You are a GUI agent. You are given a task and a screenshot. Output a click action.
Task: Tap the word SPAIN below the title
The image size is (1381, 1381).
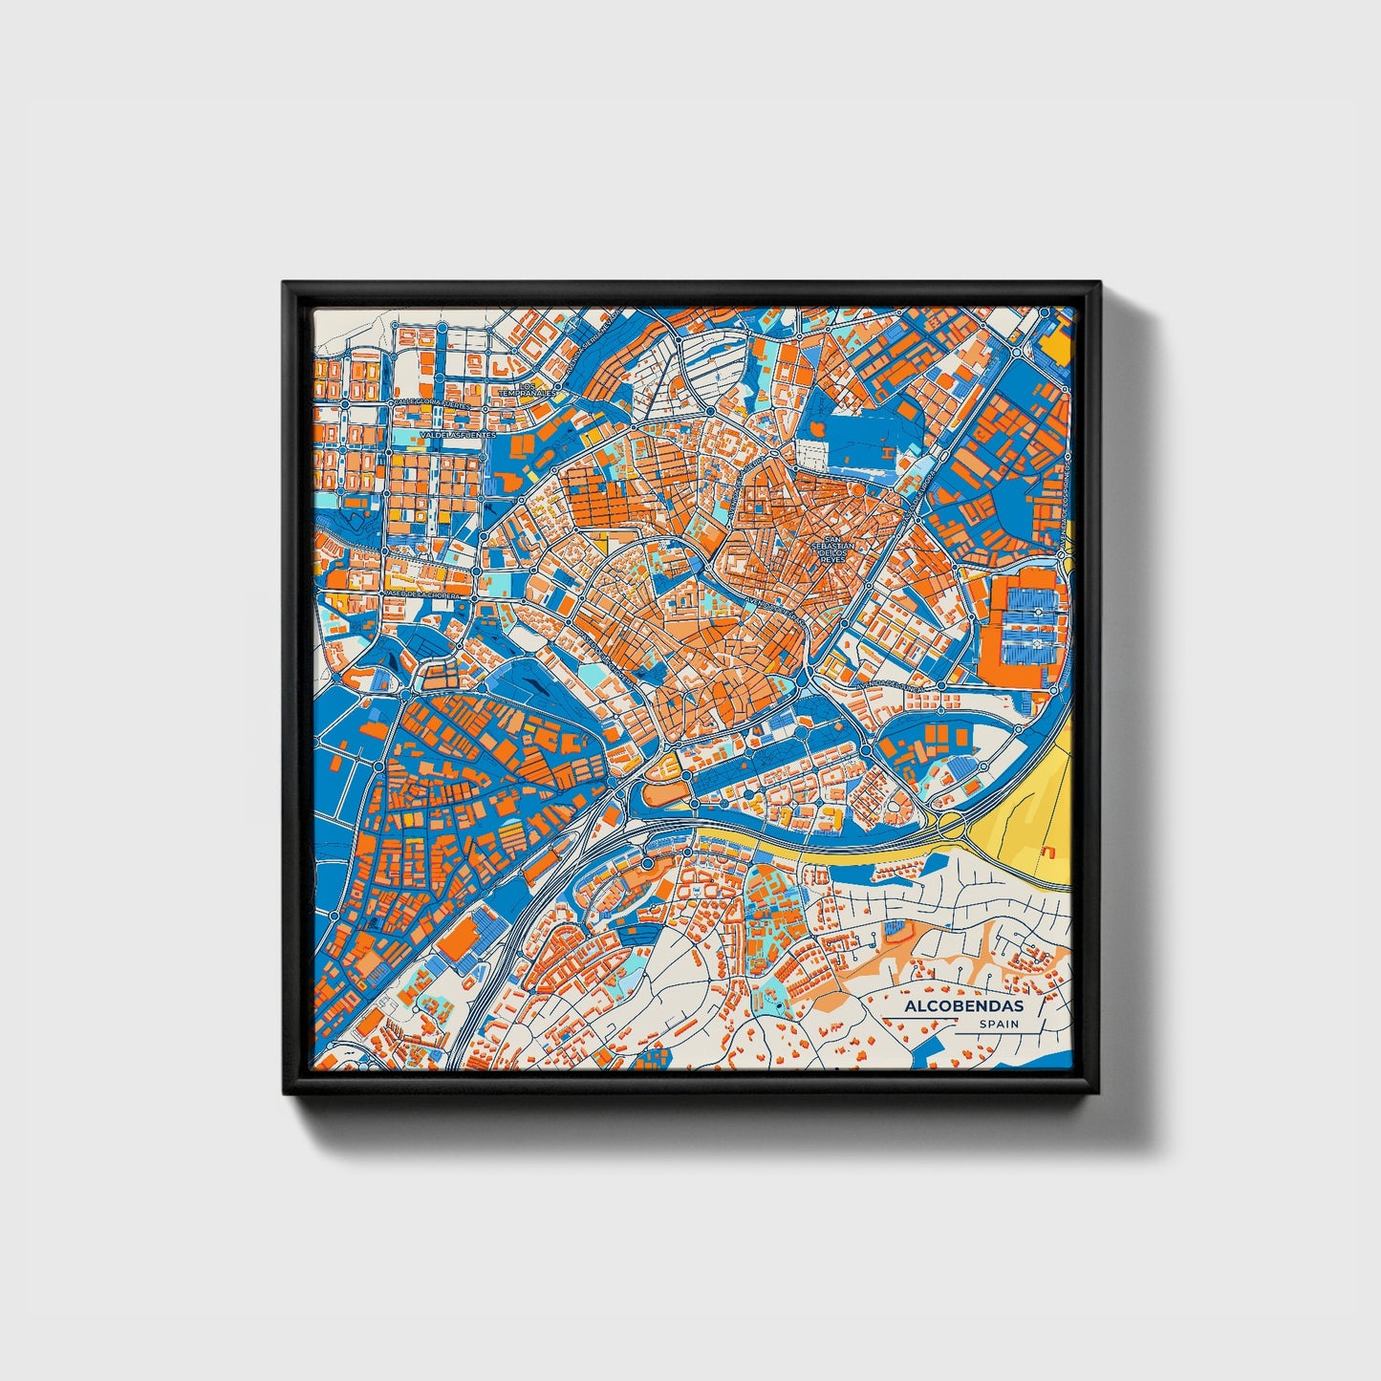(998, 1025)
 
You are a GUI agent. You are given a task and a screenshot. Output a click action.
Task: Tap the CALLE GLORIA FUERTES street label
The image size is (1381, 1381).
(432, 403)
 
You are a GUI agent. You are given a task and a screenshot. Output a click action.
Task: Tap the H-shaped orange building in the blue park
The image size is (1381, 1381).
(887, 450)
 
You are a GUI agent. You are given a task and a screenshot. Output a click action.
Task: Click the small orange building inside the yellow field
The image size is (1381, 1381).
(1048, 849)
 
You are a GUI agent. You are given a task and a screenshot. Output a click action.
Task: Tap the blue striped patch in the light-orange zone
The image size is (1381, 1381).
(894, 927)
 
